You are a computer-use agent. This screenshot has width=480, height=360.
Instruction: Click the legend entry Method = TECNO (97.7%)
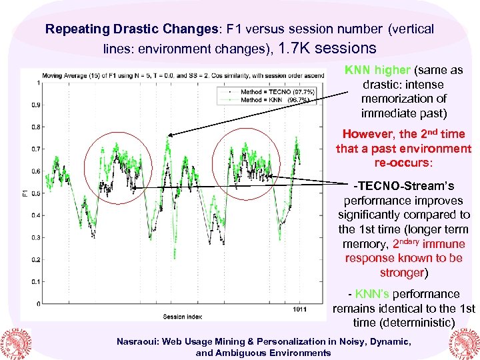tap(269, 91)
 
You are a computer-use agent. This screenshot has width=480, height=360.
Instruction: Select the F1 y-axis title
tap(25, 193)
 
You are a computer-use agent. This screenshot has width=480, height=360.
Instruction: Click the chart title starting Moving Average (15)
tap(180, 75)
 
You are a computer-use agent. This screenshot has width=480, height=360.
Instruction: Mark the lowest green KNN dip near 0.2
tap(175, 255)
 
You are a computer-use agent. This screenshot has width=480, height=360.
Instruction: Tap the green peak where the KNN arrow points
tap(169, 138)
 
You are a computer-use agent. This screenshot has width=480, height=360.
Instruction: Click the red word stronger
tap(401, 273)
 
